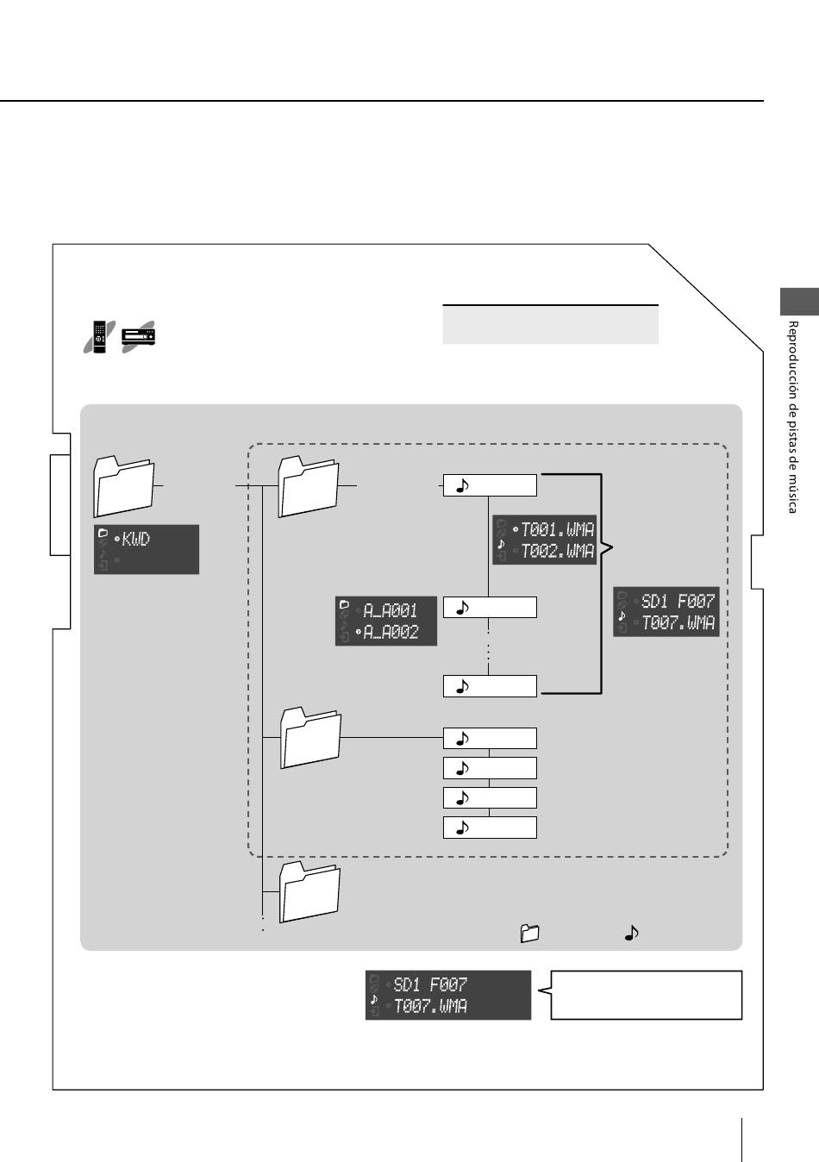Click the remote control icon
click(x=100, y=337)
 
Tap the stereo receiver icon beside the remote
click(x=138, y=337)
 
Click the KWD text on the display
click(x=135, y=540)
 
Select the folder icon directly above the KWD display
click(x=124, y=486)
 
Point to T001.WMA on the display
click(x=557, y=529)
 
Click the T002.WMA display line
click(x=557, y=551)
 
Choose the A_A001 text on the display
click(x=390, y=610)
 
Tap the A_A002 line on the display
click(x=390, y=632)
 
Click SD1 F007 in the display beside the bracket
click(x=678, y=601)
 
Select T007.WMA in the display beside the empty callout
click(x=430, y=1006)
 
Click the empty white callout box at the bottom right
click(x=647, y=995)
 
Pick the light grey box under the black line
click(x=550, y=325)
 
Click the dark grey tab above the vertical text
click(x=799, y=302)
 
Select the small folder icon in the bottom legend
click(x=529, y=934)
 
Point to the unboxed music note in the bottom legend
click(x=631, y=934)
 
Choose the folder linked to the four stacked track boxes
click(x=310, y=737)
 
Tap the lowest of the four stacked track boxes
click(x=490, y=828)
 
